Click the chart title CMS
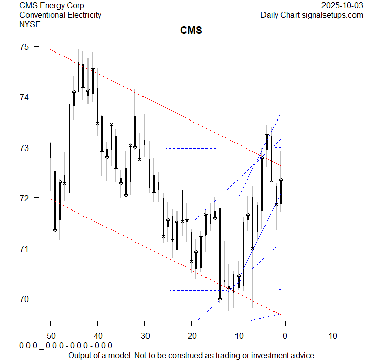click(x=191, y=31)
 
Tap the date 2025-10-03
click(x=342, y=6)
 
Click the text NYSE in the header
click(x=31, y=24)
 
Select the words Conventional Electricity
click(x=60, y=15)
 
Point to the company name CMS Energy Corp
click(x=52, y=6)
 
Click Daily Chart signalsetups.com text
click(x=312, y=15)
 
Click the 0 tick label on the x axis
click(x=285, y=336)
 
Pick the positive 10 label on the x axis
click(x=332, y=336)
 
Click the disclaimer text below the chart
click(x=191, y=355)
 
